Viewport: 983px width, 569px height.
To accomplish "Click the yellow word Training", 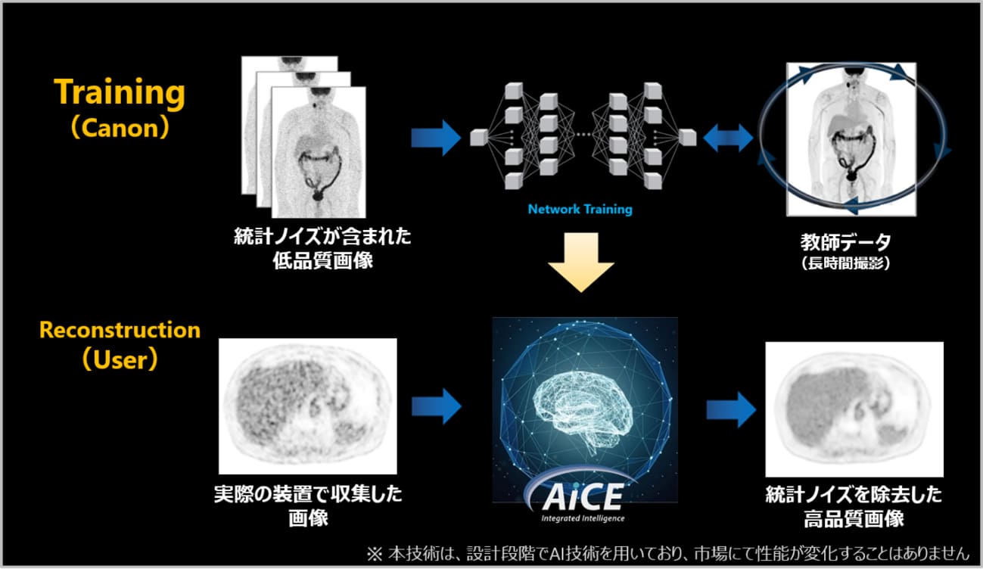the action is pos(120,93).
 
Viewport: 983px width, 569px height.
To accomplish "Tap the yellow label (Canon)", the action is pos(120,129).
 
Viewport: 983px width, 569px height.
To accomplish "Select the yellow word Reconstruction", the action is pos(120,330).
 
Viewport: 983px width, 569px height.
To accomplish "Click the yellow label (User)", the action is pos(120,359).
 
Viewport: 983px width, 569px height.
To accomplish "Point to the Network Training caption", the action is pos(580,210).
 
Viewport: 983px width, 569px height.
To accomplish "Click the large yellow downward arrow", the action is pos(580,263).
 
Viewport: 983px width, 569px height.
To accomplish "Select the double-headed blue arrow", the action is pos(728,138).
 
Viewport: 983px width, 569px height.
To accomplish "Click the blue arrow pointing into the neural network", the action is pos(436,138).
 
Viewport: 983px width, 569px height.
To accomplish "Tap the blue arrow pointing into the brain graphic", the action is pos(436,406).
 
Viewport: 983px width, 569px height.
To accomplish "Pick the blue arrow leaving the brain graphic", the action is pos(731,410).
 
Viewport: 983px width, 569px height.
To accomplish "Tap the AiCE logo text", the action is pos(583,497).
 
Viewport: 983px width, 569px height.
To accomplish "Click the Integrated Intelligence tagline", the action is pos(583,518).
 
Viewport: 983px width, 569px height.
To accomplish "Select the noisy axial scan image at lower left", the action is pos(308,406).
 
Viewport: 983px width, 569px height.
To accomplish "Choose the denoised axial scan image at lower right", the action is pos(854,409).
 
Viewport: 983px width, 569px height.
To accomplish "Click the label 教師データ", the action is pos(845,241).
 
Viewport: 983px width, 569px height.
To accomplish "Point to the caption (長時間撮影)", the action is pos(845,263).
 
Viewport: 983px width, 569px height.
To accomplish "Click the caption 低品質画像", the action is pos(322,260).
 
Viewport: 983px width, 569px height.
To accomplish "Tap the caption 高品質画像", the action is pos(854,518).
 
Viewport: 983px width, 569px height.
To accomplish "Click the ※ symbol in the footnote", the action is pos(375,555).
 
